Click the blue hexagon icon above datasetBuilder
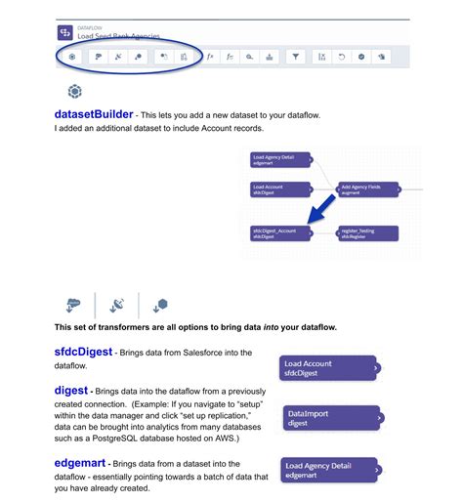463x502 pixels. tap(74, 92)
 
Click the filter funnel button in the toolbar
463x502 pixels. tap(297, 57)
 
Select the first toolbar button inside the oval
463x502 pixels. tap(72, 57)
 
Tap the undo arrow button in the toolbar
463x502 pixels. tap(342, 57)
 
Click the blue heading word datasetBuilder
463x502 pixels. tap(94, 114)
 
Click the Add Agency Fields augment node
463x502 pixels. tap(365, 188)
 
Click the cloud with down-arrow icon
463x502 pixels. tap(72, 304)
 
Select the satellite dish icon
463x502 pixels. tap(116, 304)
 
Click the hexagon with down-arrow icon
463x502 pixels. tap(160, 304)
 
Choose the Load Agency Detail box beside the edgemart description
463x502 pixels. tap(327, 470)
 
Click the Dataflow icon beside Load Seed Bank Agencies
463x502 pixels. tap(65, 31)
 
